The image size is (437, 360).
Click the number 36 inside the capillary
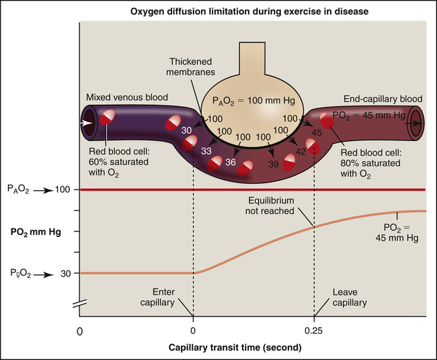coord(231,161)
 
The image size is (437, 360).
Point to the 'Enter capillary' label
coord(163,298)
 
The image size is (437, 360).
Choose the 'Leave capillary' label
coord(350,298)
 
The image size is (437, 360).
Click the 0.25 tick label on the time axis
coord(314,331)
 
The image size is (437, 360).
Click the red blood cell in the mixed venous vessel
coord(108,120)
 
